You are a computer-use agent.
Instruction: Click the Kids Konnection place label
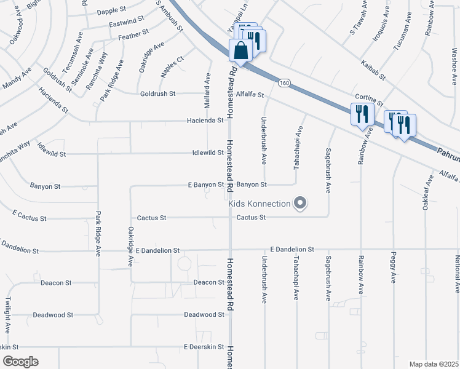(x=259, y=203)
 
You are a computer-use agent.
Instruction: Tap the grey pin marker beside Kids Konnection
(x=300, y=202)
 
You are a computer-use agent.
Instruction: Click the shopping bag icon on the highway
(x=241, y=51)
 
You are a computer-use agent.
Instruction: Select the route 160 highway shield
(x=284, y=82)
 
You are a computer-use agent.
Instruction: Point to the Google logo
(x=20, y=361)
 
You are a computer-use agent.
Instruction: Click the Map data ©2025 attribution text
(x=433, y=364)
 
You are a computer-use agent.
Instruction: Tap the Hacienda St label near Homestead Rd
(x=205, y=121)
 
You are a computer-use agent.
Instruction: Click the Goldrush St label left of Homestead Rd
(x=157, y=93)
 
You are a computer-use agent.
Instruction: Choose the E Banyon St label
(x=205, y=184)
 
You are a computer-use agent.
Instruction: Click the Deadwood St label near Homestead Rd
(x=204, y=314)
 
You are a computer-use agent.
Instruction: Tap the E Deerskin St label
(x=204, y=347)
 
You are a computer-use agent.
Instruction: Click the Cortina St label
(x=369, y=100)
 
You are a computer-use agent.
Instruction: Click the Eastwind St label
(x=125, y=24)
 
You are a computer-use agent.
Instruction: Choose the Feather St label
(x=133, y=35)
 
